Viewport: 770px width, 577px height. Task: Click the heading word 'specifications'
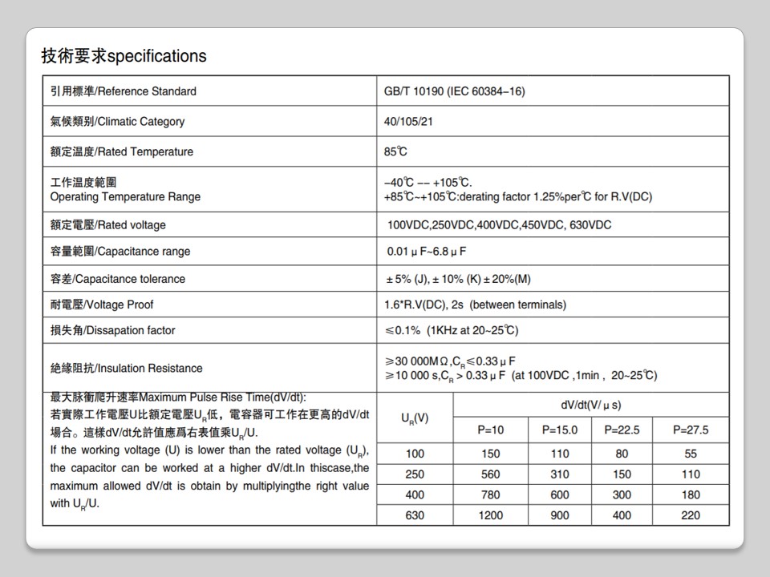click(156, 56)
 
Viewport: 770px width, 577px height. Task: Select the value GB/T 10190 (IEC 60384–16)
click(455, 91)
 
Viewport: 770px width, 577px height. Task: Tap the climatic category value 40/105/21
click(408, 122)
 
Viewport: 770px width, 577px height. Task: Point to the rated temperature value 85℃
click(395, 151)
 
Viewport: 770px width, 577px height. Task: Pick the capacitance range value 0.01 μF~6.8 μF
click(427, 252)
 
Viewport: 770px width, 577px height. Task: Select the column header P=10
click(491, 430)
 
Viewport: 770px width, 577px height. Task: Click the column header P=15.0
click(560, 430)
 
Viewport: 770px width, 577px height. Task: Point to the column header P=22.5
click(622, 430)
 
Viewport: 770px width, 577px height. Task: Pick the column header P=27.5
click(691, 430)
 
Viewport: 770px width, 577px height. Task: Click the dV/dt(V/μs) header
click(591, 406)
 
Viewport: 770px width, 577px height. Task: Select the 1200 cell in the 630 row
click(491, 515)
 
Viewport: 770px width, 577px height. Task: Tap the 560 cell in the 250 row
click(491, 474)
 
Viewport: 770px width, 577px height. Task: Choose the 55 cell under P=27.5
click(691, 454)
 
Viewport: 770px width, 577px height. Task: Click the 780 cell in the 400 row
click(491, 495)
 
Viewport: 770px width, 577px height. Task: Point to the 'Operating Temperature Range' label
click(125, 197)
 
